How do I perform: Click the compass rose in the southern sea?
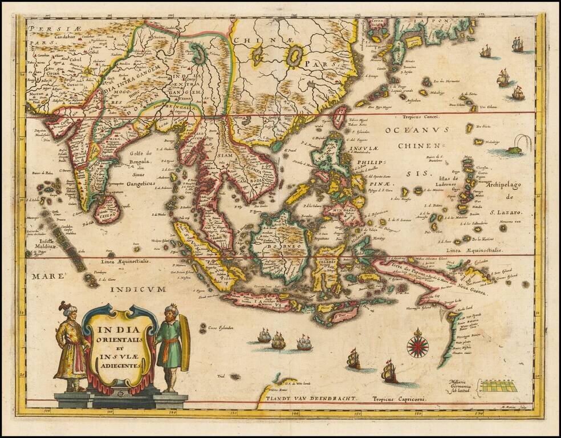click(x=417, y=346)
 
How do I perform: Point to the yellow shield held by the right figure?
click(x=185, y=346)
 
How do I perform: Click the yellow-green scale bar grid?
click(x=498, y=386)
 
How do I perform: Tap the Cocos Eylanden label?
click(x=214, y=330)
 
